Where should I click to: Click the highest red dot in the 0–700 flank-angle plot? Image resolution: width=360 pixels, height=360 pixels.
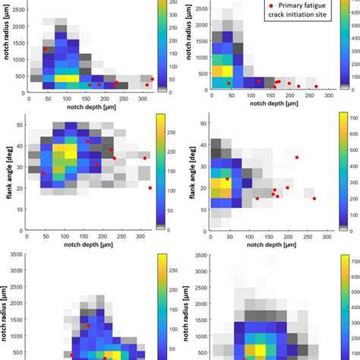pyautogui.click(x=297, y=157)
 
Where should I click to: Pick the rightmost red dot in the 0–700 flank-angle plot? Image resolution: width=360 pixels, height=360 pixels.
pyautogui.click(x=314, y=198)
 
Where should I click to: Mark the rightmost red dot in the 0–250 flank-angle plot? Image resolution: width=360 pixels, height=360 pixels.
pyautogui.click(x=150, y=188)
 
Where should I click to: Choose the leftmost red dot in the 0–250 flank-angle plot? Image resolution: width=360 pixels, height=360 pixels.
pyautogui.click(x=43, y=173)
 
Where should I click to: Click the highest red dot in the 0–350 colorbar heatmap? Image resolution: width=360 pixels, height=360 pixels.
pyautogui.click(x=45, y=49)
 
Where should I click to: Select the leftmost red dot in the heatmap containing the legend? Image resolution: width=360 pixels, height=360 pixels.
pyautogui.click(x=228, y=83)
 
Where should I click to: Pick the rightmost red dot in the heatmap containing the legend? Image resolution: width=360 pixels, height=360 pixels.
pyautogui.click(x=316, y=86)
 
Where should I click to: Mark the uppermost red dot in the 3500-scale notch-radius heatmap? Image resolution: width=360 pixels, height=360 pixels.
pyautogui.click(x=87, y=325)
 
